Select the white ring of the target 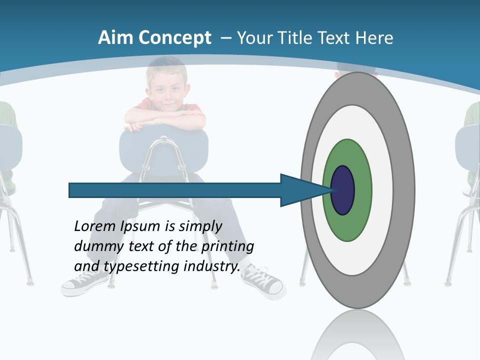click(382, 190)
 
